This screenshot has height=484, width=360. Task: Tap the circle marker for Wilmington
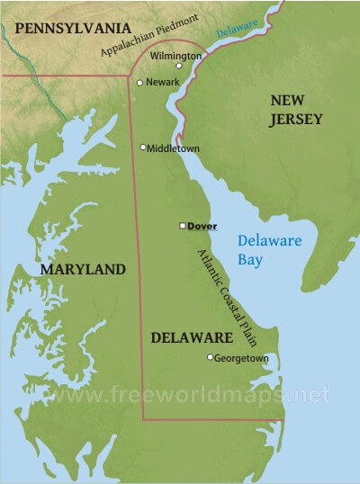coord(179,66)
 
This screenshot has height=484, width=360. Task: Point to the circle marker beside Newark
coord(139,83)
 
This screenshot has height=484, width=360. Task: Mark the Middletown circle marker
coord(143,147)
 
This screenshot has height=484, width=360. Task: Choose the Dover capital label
coord(202,226)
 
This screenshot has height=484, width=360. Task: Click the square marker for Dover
coord(183,226)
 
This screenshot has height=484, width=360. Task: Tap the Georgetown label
coord(242,358)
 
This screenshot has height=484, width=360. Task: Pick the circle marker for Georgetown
coord(211,357)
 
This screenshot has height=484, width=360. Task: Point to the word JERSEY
coord(293,120)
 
